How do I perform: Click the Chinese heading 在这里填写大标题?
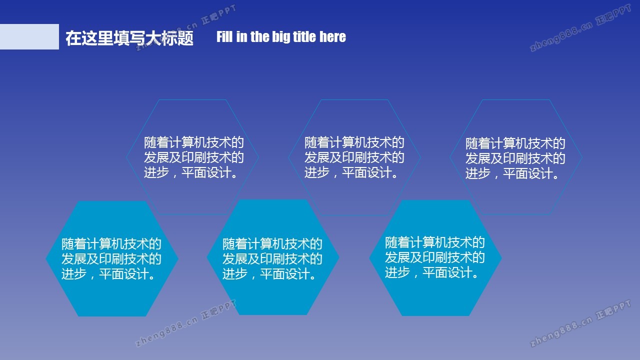pyautogui.click(x=129, y=38)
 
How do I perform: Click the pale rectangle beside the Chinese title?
pyautogui.click(x=29, y=36)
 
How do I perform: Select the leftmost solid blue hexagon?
pyautogui.click(x=112, y=258)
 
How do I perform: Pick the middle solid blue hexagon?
pyautogui.click(x=273, y=257)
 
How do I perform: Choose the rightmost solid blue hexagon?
pyautogui.click(x=435, y=258)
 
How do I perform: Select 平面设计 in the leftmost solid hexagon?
pyautogui.click(x=124, y=273)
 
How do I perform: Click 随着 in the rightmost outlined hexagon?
pyautogui.click(x=477, y=143)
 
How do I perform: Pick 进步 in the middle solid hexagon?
pyautogui.click(x=235, y=273)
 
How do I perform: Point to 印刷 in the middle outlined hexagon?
pyautogui.click(x=354, y=157)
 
